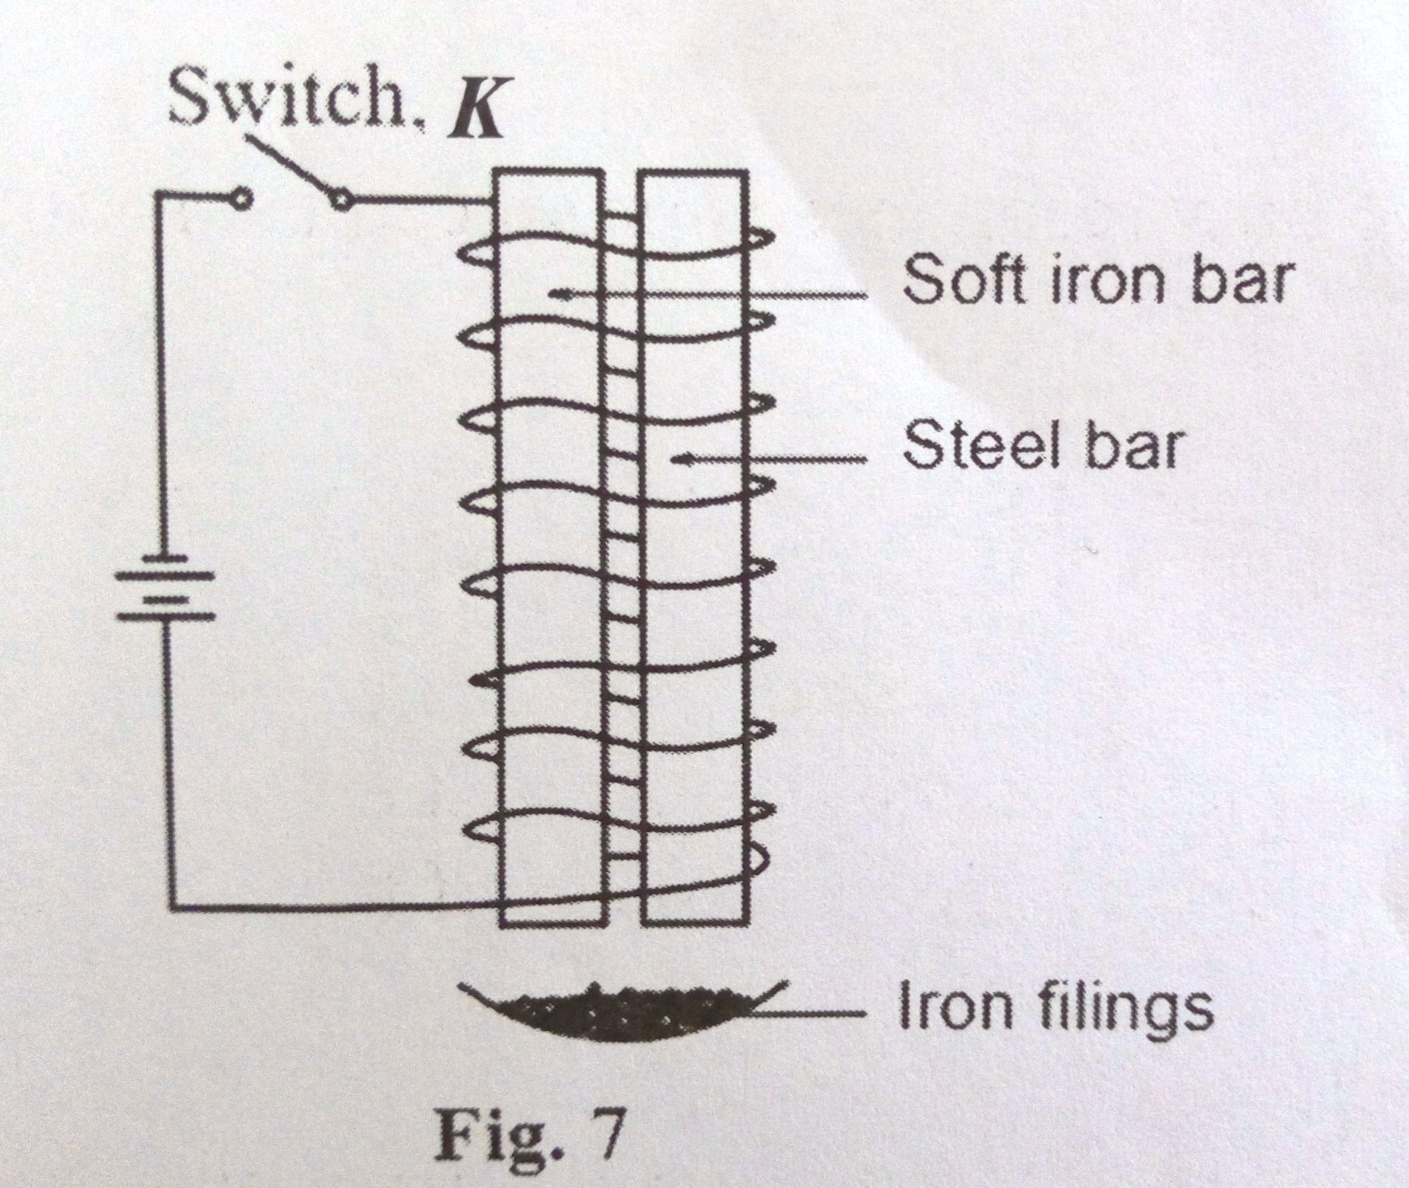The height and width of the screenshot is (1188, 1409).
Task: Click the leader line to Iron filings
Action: point(808,1013)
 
